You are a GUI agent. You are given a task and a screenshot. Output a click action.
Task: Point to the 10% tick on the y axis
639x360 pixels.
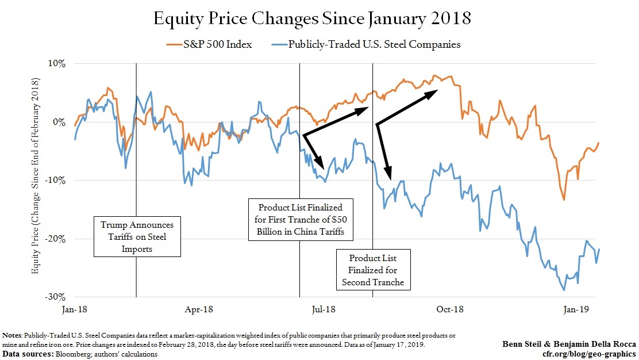(x=58, y=63)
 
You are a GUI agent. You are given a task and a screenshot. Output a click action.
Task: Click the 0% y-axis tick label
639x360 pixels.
(x=60, y=122)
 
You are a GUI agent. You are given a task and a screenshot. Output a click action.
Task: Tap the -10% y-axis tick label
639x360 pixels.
(x=56, y=181)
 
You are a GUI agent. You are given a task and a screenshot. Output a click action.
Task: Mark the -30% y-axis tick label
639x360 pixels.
(x=56, y=297)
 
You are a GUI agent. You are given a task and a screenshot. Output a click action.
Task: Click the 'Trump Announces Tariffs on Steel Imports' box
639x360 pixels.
(x=137, y=236)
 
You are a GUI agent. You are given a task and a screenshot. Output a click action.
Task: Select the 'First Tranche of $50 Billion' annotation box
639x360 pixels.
(x=301, y=220)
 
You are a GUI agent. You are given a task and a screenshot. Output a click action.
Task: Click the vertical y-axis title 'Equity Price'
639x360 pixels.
(x=35, y=179)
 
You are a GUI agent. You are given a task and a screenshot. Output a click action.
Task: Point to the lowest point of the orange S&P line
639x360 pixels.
(x=564, y=200)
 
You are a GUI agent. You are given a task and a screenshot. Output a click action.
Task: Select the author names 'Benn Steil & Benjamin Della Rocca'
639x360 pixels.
(x=569, y=344)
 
